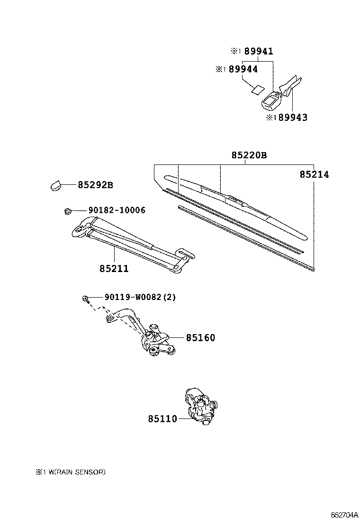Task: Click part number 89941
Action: [259, 51]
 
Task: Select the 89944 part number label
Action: [243, 69]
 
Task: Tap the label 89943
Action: [292, 118]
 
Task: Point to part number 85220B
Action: [249, 155]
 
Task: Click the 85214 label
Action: [314, 174]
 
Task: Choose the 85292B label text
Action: [95, 185]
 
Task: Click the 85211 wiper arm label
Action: [114, 269]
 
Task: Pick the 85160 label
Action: [200, 337]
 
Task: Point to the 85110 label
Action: [162, 419]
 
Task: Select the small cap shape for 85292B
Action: [56, 185]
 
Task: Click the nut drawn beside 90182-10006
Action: [67, 210]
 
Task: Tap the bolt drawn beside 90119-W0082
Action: [85, 298]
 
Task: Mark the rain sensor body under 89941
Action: [272, 100]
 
